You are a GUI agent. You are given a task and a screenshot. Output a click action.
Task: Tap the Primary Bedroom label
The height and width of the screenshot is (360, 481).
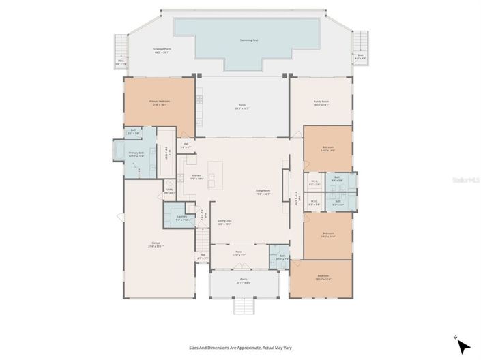(160, 102)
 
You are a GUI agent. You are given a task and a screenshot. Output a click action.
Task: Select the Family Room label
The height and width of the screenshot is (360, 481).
(321, 102)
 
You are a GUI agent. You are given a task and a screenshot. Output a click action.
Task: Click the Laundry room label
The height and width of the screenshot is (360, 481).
(181, 217)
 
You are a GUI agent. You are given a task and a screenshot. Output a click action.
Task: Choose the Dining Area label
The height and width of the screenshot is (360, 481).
(224, 222)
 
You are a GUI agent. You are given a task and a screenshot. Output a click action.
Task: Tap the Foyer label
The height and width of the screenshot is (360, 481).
(239, 253)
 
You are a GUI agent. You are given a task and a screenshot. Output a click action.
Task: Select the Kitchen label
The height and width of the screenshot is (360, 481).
(196, 176)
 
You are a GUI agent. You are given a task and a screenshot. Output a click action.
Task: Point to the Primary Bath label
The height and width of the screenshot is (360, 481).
(137, 154)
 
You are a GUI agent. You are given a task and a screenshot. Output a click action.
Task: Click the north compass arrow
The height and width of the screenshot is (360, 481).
(463, 346)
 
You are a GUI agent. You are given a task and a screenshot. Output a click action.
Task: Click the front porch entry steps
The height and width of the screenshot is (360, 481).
(244, 306)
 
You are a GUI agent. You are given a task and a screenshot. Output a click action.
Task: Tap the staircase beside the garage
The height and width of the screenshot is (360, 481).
(203, 239)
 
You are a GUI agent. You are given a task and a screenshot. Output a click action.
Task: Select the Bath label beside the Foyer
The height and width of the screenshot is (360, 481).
(282, 258)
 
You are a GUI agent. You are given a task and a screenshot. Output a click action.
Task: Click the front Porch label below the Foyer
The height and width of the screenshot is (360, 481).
(243, 281)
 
